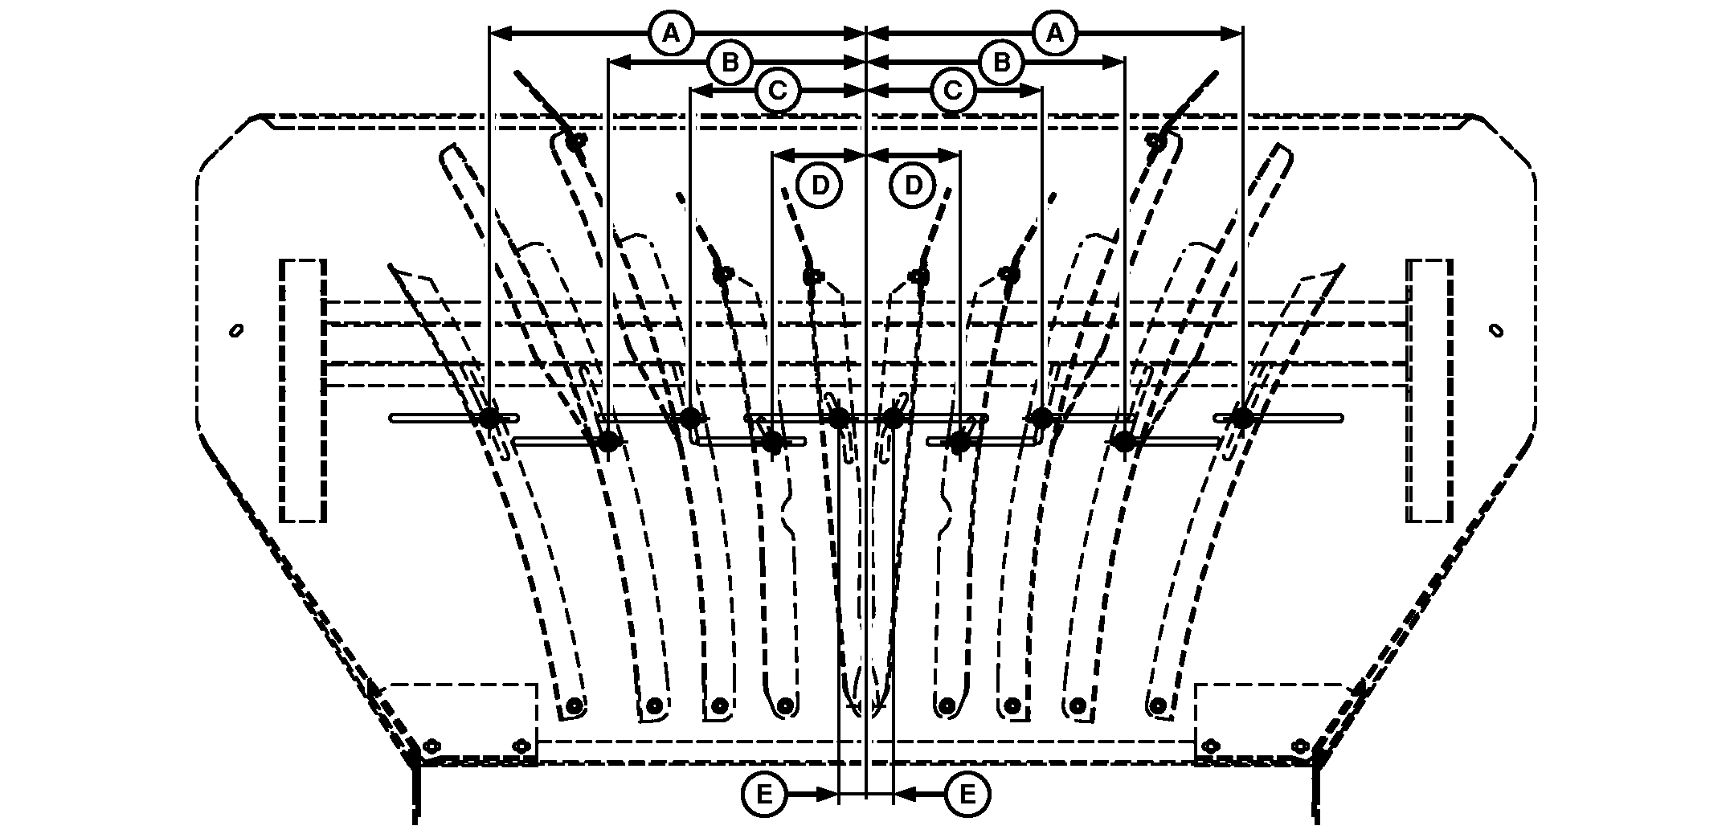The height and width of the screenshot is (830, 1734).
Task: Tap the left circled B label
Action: point(730,63)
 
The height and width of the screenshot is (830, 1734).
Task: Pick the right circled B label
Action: point(1001,63)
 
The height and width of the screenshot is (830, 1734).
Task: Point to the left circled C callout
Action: point(777,91)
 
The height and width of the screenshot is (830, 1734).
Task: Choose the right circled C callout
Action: point(953,91)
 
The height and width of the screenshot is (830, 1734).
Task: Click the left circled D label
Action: point(820,186)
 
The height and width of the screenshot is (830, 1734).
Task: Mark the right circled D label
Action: point(914,186)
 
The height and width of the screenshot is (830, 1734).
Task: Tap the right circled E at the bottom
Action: point(967,795)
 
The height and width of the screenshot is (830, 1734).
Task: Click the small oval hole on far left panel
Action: point(236,330)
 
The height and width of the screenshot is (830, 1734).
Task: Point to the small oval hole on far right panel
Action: point(1496,330)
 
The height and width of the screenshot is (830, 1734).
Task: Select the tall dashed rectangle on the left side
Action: point(303,390)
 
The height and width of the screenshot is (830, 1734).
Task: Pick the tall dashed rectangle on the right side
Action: point(1429,390)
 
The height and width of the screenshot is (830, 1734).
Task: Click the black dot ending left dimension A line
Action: point(489,418)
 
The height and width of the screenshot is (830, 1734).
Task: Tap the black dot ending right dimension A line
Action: point(1242,418)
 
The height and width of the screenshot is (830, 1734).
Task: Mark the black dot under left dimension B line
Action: point(607,441)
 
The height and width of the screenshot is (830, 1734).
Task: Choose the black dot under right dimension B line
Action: point(1124,441)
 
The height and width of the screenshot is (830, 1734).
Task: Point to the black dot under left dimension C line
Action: point(690,418)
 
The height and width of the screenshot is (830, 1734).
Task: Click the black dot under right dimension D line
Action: point(959,441)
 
